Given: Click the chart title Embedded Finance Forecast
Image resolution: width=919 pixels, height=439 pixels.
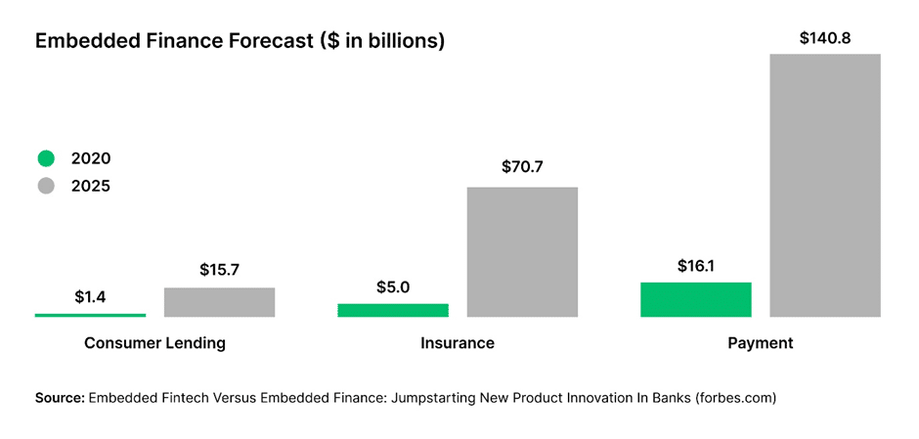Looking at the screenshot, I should tap(240, 41).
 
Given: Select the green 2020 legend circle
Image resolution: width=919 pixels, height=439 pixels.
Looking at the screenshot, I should tap(46, 158).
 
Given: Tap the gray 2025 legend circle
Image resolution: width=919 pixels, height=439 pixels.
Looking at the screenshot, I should tap(46, 186).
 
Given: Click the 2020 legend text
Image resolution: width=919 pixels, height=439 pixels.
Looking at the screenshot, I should tap(91, 158).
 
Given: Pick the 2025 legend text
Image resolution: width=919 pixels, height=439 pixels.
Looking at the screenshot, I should tap(91, 186).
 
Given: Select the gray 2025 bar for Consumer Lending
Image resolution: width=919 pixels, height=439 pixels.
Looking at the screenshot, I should tap(219, 302).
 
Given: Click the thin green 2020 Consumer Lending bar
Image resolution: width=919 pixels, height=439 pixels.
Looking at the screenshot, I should tap(90, 315).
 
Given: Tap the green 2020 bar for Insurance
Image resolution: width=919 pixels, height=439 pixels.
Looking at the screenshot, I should tap(393, 310).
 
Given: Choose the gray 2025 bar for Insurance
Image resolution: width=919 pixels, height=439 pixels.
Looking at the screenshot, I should tap(522, 251).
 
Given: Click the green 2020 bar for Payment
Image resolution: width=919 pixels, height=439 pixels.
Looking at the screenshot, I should tap(695, 299).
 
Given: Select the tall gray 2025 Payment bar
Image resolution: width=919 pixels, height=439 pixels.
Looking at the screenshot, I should tap(825, 185).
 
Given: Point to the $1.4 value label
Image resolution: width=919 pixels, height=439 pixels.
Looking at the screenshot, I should tap(91, 297).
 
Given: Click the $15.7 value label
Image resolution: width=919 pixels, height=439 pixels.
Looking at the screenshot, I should tap(220, 269).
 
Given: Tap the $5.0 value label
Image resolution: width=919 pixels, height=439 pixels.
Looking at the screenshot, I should tap(393, 287).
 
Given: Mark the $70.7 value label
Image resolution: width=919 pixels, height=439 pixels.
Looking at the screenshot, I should tap(522, 167).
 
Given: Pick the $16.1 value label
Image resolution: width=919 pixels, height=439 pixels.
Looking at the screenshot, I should tap(696, 266).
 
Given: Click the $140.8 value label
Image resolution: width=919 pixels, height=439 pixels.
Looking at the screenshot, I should tap(825, 38).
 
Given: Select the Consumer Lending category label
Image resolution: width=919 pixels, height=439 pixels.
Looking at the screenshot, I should tap(154, 343).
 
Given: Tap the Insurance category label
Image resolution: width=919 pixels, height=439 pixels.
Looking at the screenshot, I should tap(458, 343).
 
